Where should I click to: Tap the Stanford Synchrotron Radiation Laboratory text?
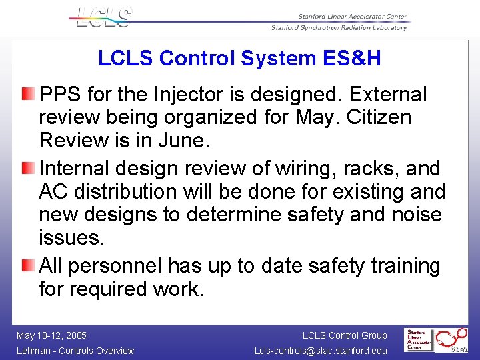pos(339,28)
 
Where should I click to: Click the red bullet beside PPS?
pos(27,93)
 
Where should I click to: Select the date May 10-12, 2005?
pos(52,335)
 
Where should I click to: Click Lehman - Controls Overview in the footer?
pos(75,351)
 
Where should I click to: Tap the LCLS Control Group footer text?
pos(344,335)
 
